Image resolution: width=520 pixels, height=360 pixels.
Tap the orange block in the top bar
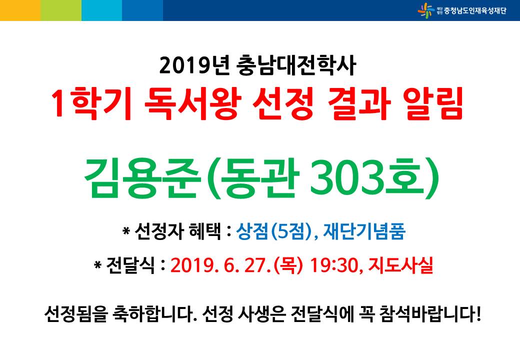point(20,10)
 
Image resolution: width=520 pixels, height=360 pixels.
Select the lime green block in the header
point(61,10)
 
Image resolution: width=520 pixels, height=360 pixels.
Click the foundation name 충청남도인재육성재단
point(475,11)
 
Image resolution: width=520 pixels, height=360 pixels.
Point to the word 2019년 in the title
point(194,65)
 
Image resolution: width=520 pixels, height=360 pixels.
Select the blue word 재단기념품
point(364,231)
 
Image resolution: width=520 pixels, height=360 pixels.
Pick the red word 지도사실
point(401,265)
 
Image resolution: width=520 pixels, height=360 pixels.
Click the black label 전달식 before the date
point(130,265)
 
